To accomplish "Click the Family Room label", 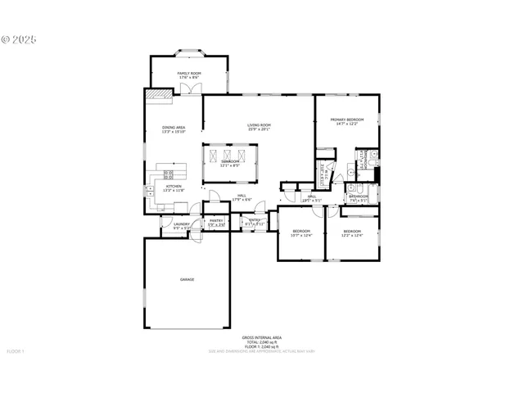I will [x=190, y=74].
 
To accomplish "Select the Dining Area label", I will [x=174, y=128].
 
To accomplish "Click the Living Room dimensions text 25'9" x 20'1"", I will [x=259, y=129].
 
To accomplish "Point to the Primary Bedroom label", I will [x=346, y=120].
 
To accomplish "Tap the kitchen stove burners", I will [x=169, y=174].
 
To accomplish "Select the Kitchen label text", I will [x=174, y=186].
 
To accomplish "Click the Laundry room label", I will [x=182, y=224].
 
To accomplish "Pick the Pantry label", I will [x=216, y=220].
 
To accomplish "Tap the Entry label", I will [x=255, y=220].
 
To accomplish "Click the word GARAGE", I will [x=187, y=280].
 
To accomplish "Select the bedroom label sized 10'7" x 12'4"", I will [x=302, y=232].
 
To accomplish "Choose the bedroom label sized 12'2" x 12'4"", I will [x=352, y=232].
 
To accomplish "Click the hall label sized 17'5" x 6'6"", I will [x=242, y=196].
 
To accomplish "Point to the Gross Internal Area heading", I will [x=261, y=337].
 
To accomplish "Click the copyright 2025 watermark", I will [x=20, y=38].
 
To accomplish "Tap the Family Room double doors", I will [x=190, y=89].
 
